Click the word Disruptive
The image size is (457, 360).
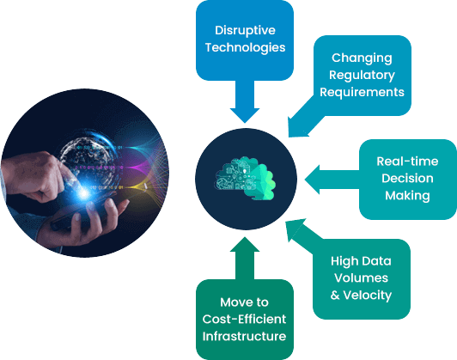pos(245,30)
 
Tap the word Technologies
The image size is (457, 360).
pos(245,47)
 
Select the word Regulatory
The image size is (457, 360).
pos(362,76)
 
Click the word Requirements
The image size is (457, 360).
pos(362,92)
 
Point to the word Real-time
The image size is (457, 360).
pos(407,162)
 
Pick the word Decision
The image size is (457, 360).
pos(407,178)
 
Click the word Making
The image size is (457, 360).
pos(407,195)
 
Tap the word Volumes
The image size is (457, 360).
pos(361,278)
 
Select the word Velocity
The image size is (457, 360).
pos(368,296)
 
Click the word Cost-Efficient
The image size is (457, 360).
pos(244,320)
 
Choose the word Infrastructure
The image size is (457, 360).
pos(244,336)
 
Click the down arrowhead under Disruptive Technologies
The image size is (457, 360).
pos(245,115)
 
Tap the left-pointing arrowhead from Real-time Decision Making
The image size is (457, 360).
pos(312,180)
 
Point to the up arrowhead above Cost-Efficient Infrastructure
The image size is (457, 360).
pos(245,244)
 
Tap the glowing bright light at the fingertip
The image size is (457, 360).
pos(84,192)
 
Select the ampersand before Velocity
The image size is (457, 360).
pos(335,296)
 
